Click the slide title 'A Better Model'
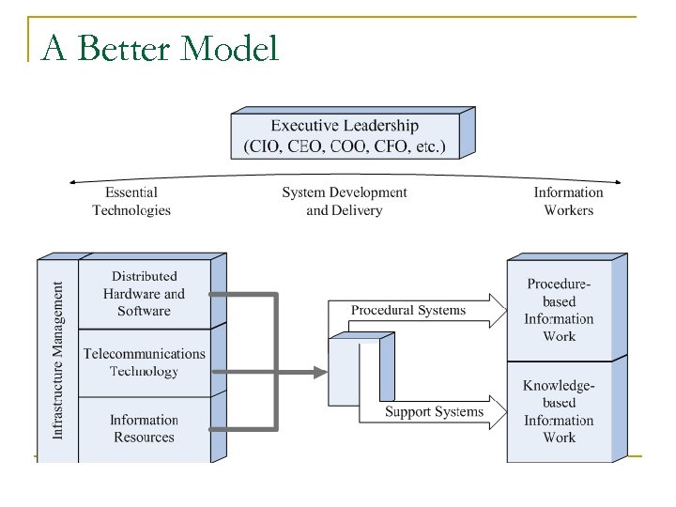pyautogui.click(x=161, y=47)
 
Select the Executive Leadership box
pyautogui.click(x=345, y=136)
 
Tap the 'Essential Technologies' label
pyautogui.click(x=131, y=201)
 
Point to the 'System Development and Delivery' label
pyautogui.click(x=345, y=201)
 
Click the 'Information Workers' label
pyautogui.click(x=568, y=201)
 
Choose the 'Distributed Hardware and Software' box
pyautogui.click(x=144, y=294)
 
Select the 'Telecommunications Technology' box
pyautogui.click(x=144, y=362)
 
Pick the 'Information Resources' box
pyautogui.click(x=144, y=428)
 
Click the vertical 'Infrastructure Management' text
pyautogui.click(x=58, y=361)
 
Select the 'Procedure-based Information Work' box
pyautogui.click(x=560, y=310)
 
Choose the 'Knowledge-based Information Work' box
pyautogui.click(x=560, y=411)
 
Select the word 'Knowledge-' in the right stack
pyautogui.click(x=560, y=386)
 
